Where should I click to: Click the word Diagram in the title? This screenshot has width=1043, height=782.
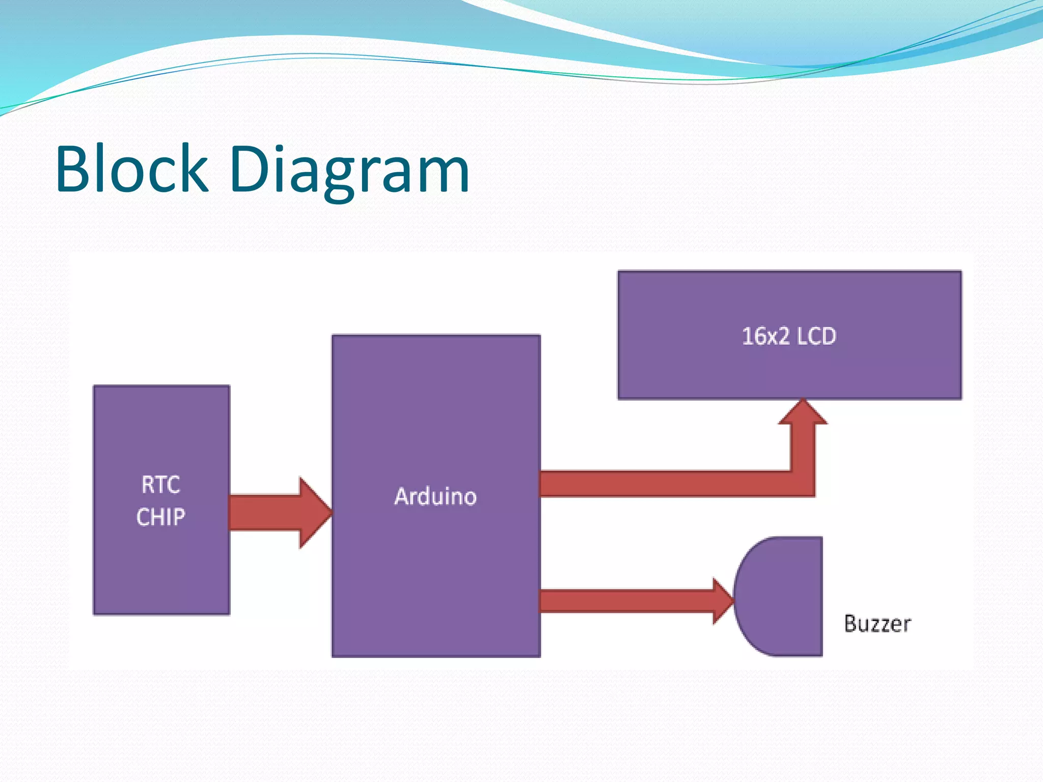(349, 171)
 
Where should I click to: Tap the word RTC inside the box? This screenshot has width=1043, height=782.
(161, 485)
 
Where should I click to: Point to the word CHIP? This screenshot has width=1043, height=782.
(161, 517)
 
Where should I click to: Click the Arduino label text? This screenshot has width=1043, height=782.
(435, 496)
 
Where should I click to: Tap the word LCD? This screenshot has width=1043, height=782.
(816, 337)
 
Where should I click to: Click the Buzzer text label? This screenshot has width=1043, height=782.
(877, 624)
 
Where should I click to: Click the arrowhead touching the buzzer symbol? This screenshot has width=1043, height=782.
(722, 601)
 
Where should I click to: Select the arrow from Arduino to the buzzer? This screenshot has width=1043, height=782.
(626, 601)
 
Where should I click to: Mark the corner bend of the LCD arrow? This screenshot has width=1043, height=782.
(803, 484)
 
